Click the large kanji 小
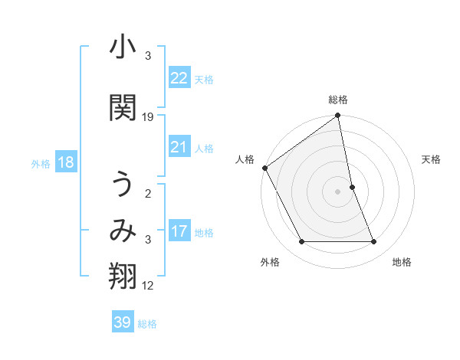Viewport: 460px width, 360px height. [123, 50]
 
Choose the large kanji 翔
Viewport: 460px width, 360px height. [123, 277]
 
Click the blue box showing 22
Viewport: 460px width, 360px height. [179, 77]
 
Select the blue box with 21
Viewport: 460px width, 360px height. [179, 147]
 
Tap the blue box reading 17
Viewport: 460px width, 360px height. [179, 231]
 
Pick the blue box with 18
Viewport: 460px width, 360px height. [64, 162]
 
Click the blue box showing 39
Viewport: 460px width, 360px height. [123, 322]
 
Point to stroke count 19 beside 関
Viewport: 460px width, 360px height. [148, 117]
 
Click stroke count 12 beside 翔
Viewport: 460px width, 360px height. [148, 286]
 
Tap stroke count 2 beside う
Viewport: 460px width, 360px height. [148, 193]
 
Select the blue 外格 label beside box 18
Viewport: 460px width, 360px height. [41, 163]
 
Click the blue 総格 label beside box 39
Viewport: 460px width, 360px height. [147, 323]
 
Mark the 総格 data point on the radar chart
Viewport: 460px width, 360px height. [337, 116]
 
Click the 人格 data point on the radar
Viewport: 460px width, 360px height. [265, 168]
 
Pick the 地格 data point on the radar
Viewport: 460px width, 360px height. [374, 242]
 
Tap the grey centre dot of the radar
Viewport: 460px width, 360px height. [337, 191]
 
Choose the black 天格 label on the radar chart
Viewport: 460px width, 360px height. [431, 159]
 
